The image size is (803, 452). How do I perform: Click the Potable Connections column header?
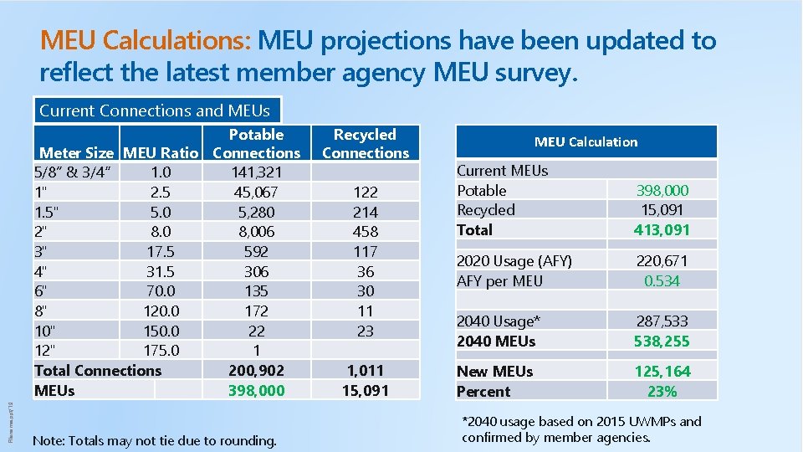[256, 144]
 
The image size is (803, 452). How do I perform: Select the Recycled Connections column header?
[366, 144]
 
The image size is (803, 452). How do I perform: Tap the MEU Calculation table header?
[586, 142]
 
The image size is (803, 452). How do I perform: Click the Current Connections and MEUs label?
[155, 110]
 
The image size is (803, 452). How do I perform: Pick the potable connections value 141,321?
[256, 172]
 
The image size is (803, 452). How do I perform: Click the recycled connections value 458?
[366, 232]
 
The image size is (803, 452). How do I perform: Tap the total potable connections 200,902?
[256, 370]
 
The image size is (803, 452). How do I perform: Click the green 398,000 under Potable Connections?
[256, 390]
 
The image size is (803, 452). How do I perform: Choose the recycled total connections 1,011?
[366, 370]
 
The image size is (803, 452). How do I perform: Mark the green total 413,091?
[662, 229]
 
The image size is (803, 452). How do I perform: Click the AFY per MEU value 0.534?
[662, 281]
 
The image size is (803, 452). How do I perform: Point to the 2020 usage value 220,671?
[662, 261]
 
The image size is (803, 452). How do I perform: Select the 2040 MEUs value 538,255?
[662, 341]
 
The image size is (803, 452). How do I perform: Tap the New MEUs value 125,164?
[662, 371]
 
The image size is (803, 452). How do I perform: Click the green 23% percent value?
[662, 391]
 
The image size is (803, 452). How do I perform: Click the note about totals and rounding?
[154, 440]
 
